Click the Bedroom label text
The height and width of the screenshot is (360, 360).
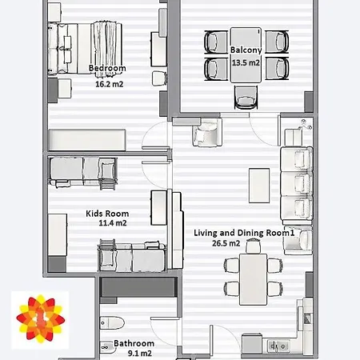click(x=107, y=68)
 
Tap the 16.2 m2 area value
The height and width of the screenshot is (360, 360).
click(x=110, y=84)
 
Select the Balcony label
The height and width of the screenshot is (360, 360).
click(x=246, y=50)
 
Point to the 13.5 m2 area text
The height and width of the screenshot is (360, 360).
click(x=246, y=62)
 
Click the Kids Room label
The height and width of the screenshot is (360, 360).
click(x=107, y=214)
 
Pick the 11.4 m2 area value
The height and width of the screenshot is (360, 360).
click(x=113, y=223)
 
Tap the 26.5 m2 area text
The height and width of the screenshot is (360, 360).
click(x=226, y=243)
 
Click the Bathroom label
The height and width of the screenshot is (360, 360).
click(x=134, y=343)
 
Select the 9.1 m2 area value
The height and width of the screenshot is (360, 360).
click(x=140, y=354)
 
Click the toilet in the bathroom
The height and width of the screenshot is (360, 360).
click(x=112, y=323)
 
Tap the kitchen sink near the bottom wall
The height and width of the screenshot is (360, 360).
click(x=278, y=346)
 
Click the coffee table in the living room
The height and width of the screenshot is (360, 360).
click(x=259, y=186)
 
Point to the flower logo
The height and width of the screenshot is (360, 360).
click(x=40, y=319)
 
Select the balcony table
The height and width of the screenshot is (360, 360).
click(x=246, y=54)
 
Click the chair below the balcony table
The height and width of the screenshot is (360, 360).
click(x=246, y=98)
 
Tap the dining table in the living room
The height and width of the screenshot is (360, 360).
click(x=253, y=279)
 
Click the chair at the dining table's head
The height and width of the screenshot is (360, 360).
click(x=253, y=246)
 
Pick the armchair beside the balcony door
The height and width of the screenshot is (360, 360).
click(x=207, y=133)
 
